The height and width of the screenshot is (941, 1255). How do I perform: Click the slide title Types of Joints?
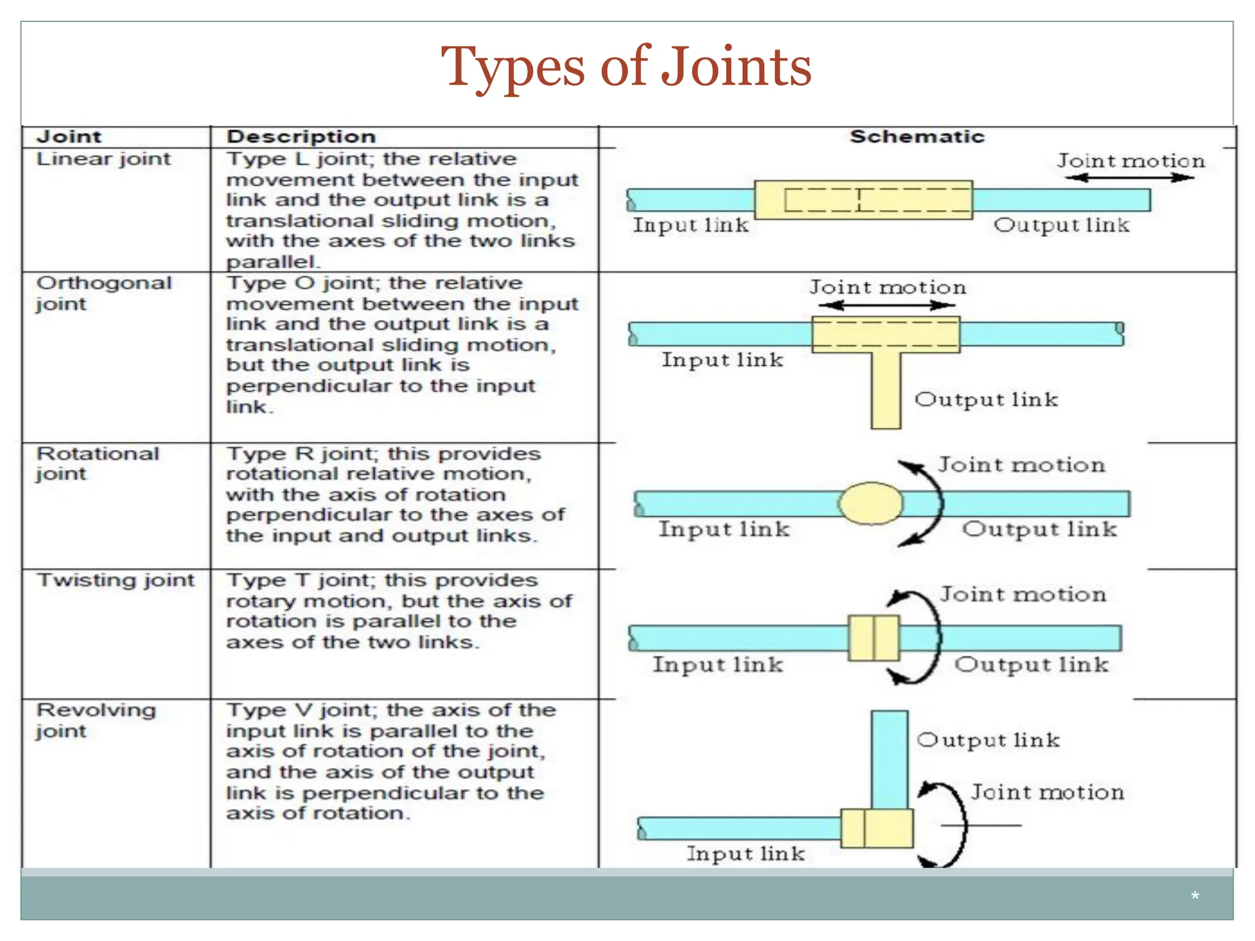tap(626, 67)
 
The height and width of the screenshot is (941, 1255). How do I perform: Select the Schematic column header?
tap(917, 137)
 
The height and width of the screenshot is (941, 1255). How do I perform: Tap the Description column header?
tap(301, 137)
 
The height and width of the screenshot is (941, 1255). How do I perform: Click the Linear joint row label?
tap(104, 159)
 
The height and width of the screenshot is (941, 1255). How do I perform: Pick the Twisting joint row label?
tap(115, 580)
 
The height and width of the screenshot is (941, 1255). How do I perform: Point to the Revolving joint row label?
tap(96, 720)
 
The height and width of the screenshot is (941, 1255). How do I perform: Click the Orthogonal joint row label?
tap(104, 293)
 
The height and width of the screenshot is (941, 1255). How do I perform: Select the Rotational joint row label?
tap(97, 463)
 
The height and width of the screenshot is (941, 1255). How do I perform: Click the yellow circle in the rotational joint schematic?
tap(870, 504)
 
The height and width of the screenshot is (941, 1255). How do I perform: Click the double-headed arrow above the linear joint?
tap(1129, 178)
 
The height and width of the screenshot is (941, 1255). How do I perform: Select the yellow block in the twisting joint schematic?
tap(874, 638)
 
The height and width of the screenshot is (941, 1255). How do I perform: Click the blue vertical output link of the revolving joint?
tap(889, 760)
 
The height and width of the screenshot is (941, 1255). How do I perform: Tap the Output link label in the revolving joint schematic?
tap(988, 740)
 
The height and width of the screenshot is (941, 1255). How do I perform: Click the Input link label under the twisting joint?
tap(718, 665)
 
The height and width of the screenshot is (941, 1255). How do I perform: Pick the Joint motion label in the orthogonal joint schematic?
tap(887, 287)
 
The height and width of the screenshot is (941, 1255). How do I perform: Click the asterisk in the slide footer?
tap(1194, 897)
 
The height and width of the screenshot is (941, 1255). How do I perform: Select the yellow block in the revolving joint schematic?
tap(877, 828)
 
